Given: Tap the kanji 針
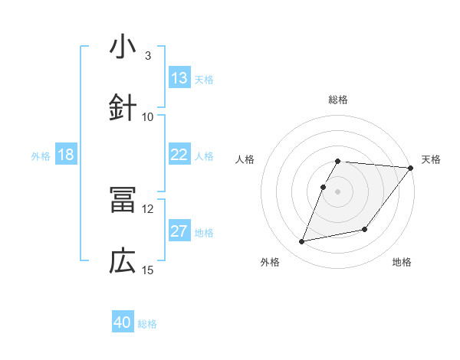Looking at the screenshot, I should click(123, 108).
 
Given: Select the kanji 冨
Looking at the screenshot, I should click(123, 200).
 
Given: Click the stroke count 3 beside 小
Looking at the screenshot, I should click(147, 56).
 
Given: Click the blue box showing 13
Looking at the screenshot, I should click(179, 78).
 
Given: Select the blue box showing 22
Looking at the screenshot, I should click(179, 155).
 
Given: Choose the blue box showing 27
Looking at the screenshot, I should click(179, 231).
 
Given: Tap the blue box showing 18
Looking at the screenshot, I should click(66, 155).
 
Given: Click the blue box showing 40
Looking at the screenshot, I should click(123, 322).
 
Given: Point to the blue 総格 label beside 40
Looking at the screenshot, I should click(147, 324).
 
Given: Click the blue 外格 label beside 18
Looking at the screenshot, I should click(41, 156).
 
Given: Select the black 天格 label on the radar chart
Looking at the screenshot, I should click(431, 159).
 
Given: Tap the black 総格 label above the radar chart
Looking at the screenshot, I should click(338, 100).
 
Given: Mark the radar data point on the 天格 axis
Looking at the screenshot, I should click(411, 169).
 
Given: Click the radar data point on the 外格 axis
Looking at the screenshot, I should click(302, 242).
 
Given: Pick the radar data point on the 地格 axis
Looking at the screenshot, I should click(366, 229).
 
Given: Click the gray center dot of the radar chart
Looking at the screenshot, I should click(338, 191).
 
